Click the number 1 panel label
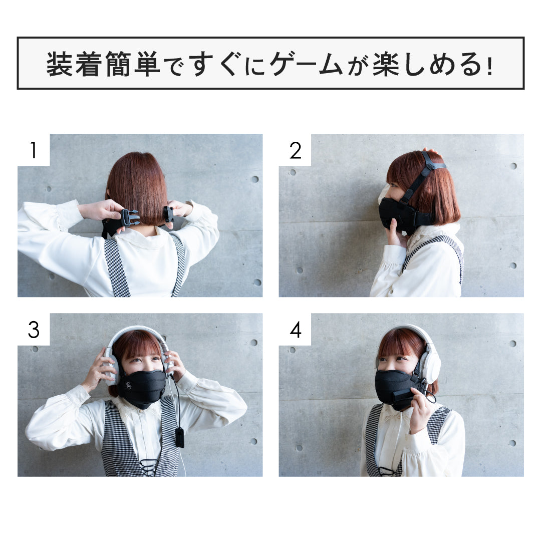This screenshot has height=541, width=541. (x=33, y=150)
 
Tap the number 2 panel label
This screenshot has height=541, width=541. (x=296, y=150)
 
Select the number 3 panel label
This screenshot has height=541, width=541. (x=33, y=330)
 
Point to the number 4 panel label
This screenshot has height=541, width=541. (x=296, y=330)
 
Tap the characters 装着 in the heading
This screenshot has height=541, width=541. (x=74, y=64)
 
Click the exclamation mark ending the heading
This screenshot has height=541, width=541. (x=489, y=65)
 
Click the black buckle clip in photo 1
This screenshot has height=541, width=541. (x=129, y=217)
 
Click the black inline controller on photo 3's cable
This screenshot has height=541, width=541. (x=179, y=437)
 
